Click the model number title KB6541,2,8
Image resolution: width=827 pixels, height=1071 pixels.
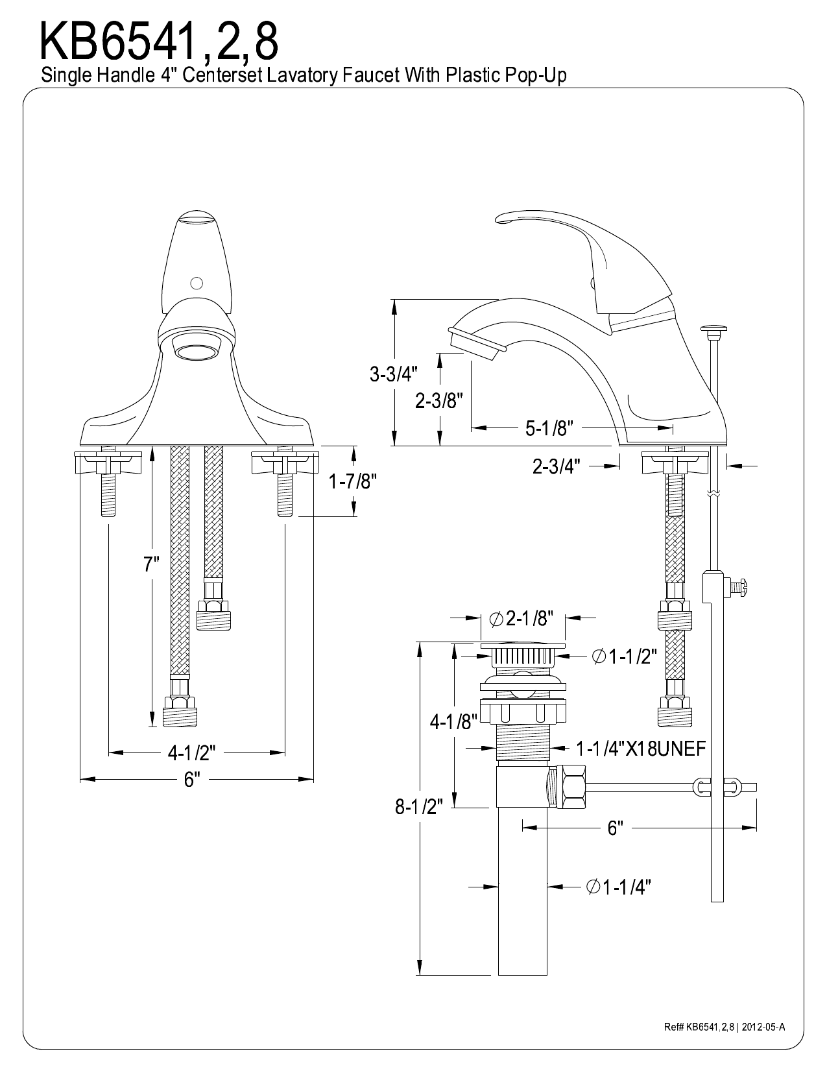click(160, 40)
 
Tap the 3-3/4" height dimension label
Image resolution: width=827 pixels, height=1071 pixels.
click(394, 374)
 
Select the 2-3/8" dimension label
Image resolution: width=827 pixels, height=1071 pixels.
click(438, 401)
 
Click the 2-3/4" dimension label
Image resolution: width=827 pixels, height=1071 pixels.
click(556, 466)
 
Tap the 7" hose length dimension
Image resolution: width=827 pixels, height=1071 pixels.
click(151, 564)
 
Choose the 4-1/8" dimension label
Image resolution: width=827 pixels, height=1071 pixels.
click(453, 721)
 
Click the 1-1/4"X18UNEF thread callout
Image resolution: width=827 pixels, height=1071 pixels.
click(640, 749)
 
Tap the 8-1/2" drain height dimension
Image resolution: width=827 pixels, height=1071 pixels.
click(419, 806)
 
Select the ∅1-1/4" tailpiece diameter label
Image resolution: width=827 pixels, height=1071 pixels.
click(618, 887)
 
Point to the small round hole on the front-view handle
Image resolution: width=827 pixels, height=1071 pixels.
click(195, 283)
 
